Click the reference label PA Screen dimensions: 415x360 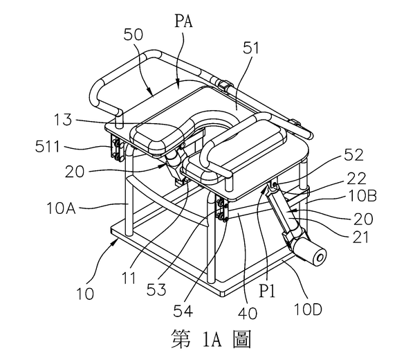point(183,21)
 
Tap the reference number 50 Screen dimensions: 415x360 point(133,35)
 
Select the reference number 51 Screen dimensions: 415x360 point(251,48)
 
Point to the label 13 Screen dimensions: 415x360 point(63,120)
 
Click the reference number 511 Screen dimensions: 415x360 point(47,146)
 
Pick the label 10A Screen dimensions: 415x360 point(61,208)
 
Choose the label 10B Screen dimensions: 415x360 point(362,196)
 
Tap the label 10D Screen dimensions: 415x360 point(308,309)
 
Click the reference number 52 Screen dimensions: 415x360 point(353,154)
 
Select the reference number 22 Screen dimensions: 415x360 point(356,179)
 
